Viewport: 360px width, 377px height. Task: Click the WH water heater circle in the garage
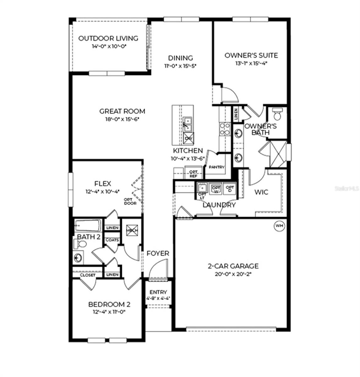[279, 226]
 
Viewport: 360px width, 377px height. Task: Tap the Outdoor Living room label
[108, 38]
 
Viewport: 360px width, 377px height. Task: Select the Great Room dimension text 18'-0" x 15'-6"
[122, 119]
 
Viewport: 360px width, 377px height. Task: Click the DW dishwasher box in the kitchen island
[189, 138]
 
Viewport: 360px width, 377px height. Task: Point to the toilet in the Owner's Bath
[277, 114]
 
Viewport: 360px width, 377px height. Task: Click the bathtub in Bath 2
[88, 225]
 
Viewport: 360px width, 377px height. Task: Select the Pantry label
[217, 167]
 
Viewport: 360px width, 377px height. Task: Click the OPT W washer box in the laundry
[216, 188]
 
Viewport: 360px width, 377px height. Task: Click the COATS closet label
[112, 240]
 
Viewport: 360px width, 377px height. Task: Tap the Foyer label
[158, 253]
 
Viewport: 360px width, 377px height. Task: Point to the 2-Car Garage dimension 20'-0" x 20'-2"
[233, 274]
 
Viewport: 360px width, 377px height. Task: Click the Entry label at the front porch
[158, 292]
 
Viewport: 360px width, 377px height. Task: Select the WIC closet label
[261, 192]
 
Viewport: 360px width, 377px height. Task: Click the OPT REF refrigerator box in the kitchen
[193, 174]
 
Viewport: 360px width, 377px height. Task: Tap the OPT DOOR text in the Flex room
[130, 201]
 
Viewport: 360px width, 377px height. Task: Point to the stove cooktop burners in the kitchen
[225, 129]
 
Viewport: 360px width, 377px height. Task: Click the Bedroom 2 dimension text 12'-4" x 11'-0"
[109, 312]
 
